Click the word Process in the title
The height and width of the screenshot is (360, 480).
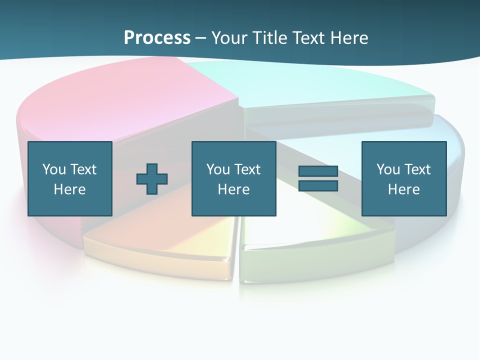tap(157, 38)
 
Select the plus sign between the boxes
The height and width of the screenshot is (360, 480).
tap(152, 178)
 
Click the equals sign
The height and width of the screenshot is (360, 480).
tap(318, 178)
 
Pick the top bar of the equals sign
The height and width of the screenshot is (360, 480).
tap(318, 171)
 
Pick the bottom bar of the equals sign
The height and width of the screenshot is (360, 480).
tap(318, 185)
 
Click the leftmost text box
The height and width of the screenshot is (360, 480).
tap(70, 178)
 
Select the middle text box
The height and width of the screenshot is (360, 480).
tap(233, 178)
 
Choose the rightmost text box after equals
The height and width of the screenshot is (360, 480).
tap(403, 178)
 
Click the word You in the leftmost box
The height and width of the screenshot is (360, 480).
tap(54, 169)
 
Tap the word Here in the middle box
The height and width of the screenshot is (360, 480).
tap(233, 189)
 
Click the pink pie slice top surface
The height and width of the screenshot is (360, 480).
tap(125, 100)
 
